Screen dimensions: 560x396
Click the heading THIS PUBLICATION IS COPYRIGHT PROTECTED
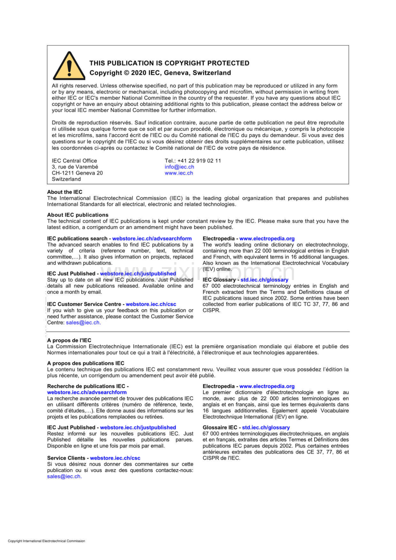pyautogui.click(x=169, y=63)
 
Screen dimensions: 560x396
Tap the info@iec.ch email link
pyautogui.click(x=179, y=167)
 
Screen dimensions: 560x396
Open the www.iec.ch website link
pyautogui.click(x=179, y=173)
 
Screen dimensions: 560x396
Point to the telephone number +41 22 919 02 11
pyautogui.click(x=200, y=161)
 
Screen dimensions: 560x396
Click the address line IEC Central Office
pyautogui.click(x=74, y=161)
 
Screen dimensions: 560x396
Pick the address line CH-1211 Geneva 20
pyautogui.click(x=77, y=173)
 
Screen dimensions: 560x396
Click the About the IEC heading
pyautogui.click(x=65, y=192)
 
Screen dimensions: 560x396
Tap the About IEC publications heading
pyautogui.click(x=78, y=215)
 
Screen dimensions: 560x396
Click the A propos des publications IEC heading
pyautogui.click(x=86, y=363)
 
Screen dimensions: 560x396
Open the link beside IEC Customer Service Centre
pyautogui.click(x=151, y=304)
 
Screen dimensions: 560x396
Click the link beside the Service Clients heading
pyautogui.click(x=115, y=458)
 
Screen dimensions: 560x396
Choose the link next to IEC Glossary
pyautogui.click(x=264, y=280)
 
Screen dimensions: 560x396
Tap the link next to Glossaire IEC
pyautogui.click(x=266, y=428)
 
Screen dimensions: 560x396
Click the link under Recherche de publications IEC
pyautogui.click(x=87, y=392)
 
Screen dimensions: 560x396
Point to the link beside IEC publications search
pyautogui.click(x=152, y=239)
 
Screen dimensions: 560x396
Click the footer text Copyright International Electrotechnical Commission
pyautogui.click(x=46, y=541)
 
